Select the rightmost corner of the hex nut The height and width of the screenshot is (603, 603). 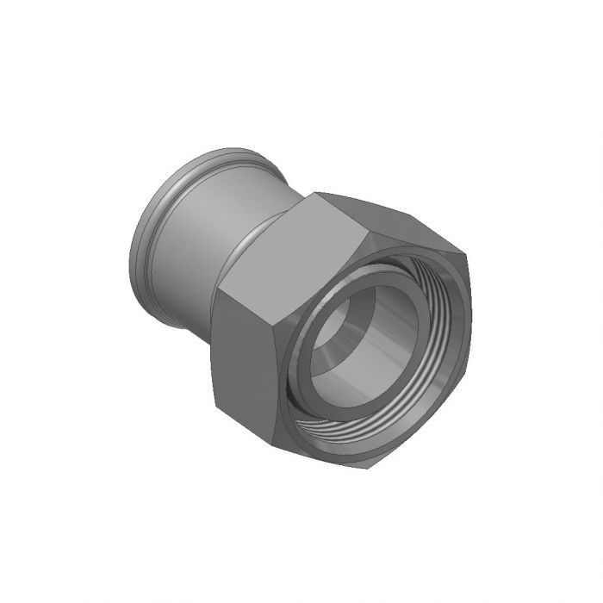[472, 258]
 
